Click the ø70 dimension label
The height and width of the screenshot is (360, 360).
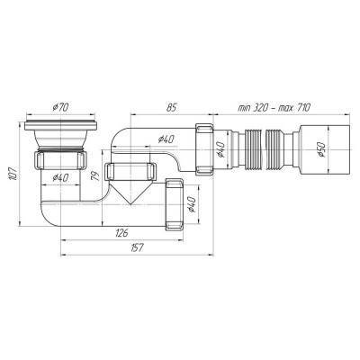[x=60, y=107]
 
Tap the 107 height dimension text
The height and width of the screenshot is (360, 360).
[x=13, y=174]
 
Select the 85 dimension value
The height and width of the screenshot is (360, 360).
[x=172, y=107]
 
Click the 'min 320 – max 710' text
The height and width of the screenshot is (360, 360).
[x=274, y=107]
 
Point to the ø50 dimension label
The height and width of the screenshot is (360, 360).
[x=321, y=149]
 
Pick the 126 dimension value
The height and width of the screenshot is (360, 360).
[x=122, y=233]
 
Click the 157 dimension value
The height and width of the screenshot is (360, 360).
[x=137, y=247]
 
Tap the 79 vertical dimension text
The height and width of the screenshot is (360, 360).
[x=95, y=175]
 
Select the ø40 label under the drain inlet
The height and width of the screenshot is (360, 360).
[x=60, y=178]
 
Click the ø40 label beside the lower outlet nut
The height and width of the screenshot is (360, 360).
[x=192, y=204]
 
